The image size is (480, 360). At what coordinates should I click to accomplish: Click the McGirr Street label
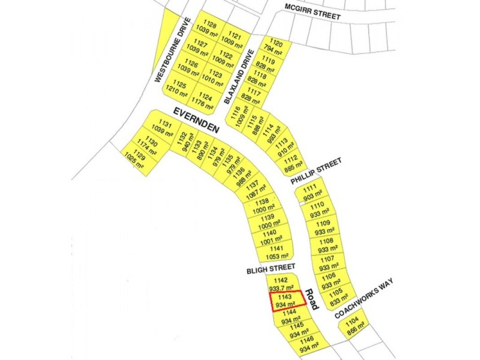point(313,14)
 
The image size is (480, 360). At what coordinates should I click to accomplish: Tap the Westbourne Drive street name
point(173,50)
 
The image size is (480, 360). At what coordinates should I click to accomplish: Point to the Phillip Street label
point(316,171)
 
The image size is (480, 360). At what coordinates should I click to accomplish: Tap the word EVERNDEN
point(197,119)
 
